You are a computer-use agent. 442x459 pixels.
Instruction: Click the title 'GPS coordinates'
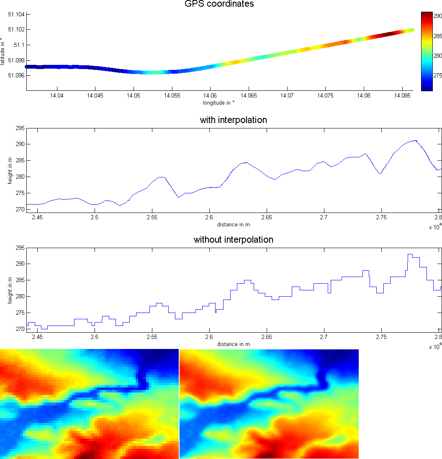click(219, 4)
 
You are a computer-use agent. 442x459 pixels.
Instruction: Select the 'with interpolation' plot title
click(234, 120)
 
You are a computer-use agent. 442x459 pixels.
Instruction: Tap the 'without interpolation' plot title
click(234, 240)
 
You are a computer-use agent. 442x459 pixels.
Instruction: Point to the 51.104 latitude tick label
click(16, 14)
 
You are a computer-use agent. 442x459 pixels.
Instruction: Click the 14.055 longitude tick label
click(172, 96)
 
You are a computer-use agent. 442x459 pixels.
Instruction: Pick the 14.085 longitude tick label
click(402, 96)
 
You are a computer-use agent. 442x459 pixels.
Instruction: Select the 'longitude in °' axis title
click(219, 103)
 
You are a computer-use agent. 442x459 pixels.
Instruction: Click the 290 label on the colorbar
click(438, 16)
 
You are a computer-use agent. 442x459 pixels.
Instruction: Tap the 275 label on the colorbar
click(438, 76)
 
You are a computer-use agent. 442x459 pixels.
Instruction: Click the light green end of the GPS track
click(412, 30)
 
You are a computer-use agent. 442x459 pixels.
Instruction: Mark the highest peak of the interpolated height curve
click(416, 141)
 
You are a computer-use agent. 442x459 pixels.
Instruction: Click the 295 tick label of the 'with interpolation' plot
click(20, 128)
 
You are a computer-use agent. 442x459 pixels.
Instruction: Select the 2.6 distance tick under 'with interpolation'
click(209, 218)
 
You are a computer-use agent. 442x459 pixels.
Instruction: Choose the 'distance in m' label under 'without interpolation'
click(234, 344)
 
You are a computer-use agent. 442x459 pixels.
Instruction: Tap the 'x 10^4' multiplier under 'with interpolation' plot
click(436, 226)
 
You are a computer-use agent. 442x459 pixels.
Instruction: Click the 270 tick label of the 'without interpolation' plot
click(20, 329)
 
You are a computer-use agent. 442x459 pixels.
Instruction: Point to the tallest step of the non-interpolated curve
click(410, 254)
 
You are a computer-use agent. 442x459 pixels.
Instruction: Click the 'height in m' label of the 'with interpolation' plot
click(10, 171)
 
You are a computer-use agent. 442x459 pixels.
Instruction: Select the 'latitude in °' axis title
click(3, 51)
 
